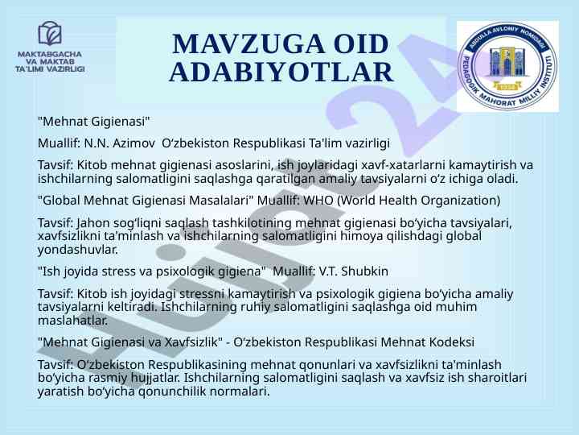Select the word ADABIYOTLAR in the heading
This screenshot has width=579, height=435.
(x=281, y=72)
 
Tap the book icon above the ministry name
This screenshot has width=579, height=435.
(x=50, y=33)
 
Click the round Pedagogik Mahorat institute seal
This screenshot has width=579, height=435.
(x=507, y=66)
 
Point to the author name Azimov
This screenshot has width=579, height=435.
(x=133, y=143)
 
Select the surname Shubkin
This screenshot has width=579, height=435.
(x=364, y=271)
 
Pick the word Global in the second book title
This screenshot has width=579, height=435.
(x=61, y=200)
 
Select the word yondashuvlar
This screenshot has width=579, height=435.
(x=77, y=250)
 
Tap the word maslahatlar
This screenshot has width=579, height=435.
(x=72, y=321)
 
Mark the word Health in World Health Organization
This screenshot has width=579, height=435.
(x=399, y=200)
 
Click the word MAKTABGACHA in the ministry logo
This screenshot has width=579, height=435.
(x=50, y=55)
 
